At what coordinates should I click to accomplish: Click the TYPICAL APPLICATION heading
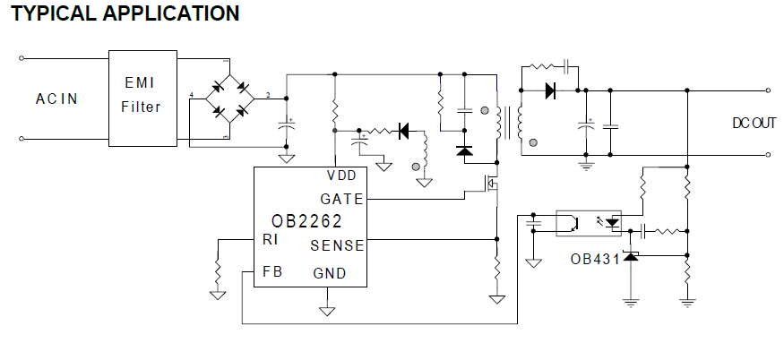click(125, 14)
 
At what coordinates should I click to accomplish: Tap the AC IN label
click(56, 99)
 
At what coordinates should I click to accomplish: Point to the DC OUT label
click(753, 124)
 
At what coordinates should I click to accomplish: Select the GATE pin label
click(341, 199)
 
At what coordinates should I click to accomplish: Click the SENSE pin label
click(337, 245)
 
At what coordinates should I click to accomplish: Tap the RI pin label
click(270, 239)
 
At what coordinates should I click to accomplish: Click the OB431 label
click(594, 260)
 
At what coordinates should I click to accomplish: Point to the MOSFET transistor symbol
click(491, 186)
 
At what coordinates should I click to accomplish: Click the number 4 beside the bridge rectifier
click(191, 95)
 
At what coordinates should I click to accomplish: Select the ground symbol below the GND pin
click(327, 310)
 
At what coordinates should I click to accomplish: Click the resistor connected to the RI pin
click(217, 269)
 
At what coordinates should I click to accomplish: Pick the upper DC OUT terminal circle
click(769, 90)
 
